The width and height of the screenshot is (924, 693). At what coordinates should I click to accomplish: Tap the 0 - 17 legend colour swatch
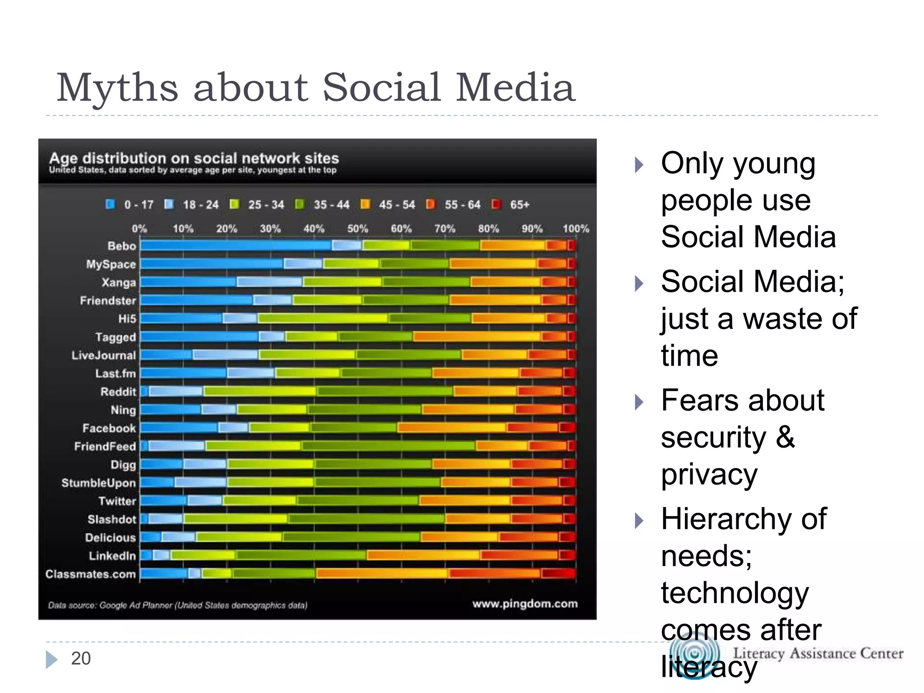(x=110, y=204)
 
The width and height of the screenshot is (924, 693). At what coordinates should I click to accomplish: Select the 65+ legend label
(x=519, y=205)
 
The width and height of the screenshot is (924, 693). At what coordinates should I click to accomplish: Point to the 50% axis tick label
(x=357, y=229)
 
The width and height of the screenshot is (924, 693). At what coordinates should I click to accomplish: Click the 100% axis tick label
(x=575, y=229)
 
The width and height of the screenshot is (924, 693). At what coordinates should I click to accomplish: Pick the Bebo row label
(x=122, y=246)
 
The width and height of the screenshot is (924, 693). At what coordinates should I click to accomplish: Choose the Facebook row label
(x=109, y=428)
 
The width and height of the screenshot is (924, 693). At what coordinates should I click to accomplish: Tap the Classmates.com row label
(x=91, y=574)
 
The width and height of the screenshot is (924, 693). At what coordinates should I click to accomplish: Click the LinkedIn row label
(x=112, y=556)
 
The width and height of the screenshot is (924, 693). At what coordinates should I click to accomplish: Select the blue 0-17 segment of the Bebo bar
(x=236, y=245)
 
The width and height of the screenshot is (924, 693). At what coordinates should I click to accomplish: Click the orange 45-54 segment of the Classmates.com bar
(x=382, y=573)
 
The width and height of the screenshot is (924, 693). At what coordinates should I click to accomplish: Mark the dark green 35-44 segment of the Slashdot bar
(x=366, y=519)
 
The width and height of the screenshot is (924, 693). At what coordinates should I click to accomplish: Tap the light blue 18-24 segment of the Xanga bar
(x=269, y=282)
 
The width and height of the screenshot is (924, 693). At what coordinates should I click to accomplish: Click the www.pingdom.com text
(x=525, y=604)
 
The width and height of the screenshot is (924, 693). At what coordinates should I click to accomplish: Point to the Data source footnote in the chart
(x=178, y=605)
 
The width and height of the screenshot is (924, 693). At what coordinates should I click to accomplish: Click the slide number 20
(x=81, y=658)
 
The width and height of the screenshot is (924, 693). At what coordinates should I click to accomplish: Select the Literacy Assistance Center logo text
(x=818, y=653)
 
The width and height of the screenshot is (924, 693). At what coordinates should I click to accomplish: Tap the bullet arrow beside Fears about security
(x=638, y=402)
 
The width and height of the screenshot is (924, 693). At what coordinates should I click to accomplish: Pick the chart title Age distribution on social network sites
(x=194, y=158)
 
